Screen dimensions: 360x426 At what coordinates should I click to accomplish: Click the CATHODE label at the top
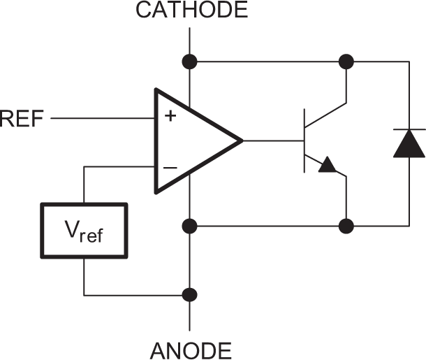(191, 10)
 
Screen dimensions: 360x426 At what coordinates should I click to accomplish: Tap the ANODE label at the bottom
(191, 349)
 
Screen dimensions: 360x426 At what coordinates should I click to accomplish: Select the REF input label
(22, 119)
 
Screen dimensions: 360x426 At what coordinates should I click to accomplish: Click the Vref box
(84, 231)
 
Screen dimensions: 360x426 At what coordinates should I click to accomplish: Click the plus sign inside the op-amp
(170, 116)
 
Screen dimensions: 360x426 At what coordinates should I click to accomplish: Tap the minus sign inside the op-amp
(170, 168)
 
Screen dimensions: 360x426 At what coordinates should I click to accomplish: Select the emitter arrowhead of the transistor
(327, 166)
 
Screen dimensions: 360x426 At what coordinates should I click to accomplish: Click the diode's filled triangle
(408, 144)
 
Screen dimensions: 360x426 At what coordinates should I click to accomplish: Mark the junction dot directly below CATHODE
(189, 62)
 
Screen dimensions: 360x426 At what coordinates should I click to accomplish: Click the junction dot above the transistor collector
(346, 62)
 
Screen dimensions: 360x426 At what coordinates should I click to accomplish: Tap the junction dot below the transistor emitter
(346, 226)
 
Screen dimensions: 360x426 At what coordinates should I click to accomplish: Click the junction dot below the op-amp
(189, 226)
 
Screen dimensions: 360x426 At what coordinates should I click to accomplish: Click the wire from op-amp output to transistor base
(272, 141)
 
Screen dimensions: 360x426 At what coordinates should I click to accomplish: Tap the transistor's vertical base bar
(304, 141)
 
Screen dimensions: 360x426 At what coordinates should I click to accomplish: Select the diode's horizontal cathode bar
(408, 130)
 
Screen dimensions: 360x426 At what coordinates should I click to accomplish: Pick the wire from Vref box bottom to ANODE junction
(133, 294)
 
